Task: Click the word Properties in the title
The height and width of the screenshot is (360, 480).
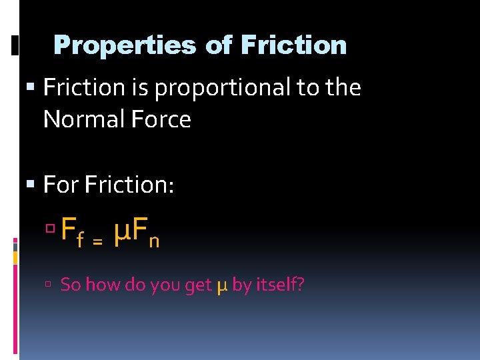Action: click(124, 45)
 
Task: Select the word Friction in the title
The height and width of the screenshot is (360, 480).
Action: click(293, 45)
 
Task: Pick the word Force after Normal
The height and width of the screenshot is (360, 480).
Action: click(160, 120)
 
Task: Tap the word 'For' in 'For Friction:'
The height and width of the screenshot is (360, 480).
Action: click(61, 185)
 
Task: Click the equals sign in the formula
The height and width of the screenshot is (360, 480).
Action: click(97, 243)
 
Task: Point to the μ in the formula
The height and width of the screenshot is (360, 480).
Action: click(121, 233)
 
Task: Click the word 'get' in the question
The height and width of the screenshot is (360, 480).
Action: click(198, 286)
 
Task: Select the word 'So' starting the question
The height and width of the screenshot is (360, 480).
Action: click(71, 285)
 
